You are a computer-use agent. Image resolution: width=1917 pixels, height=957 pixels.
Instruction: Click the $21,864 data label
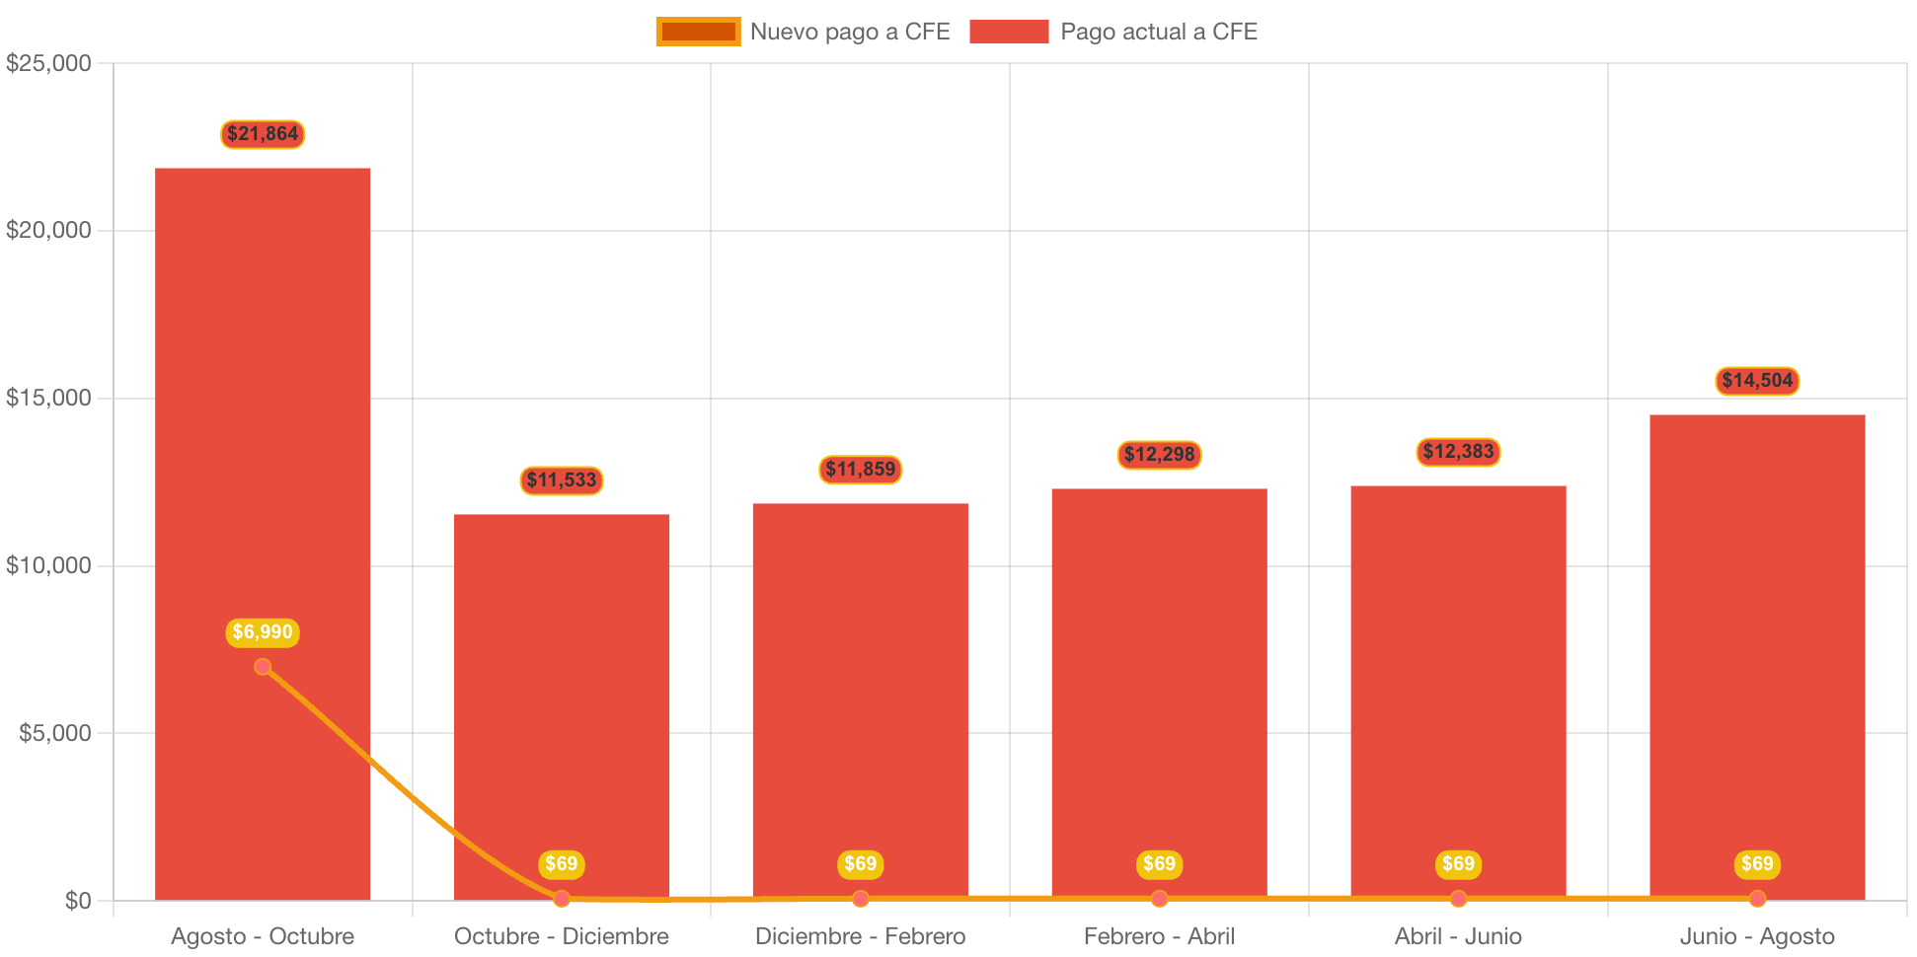(263, 134)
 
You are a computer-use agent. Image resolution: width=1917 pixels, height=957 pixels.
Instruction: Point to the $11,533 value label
(562, 480)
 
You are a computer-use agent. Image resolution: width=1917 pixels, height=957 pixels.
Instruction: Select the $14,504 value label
(1757, 381)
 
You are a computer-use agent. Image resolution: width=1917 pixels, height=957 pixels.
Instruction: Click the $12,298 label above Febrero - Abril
(1159, 455)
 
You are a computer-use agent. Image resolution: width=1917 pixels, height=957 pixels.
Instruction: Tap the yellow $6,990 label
(263, 632)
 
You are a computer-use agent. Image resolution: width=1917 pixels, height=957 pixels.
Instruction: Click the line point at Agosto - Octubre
(263, 667)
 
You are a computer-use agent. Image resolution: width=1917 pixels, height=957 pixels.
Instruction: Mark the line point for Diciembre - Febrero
(861, 899)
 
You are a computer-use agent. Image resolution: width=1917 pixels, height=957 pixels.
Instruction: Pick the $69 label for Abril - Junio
(1458, 864)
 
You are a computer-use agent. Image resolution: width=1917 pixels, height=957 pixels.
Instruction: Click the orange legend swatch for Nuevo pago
(698, 32)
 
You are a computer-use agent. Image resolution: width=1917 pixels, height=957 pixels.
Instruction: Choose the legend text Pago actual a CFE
(1158, 32)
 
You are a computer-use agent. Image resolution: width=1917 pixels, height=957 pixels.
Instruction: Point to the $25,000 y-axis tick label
(48, 63)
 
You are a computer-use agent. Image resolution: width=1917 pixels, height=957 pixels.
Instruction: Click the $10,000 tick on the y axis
(48, 565)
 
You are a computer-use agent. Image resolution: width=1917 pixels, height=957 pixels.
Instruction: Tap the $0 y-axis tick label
(78, 901)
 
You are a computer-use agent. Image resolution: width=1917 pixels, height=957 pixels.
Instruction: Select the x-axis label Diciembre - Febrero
(861, 936)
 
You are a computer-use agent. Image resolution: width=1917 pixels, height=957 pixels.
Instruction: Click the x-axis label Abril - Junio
(1458, 936)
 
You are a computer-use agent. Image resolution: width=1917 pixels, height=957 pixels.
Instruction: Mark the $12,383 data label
(1458, 452)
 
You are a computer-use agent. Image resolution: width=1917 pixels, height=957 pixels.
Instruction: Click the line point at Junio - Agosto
(1757, 899)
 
